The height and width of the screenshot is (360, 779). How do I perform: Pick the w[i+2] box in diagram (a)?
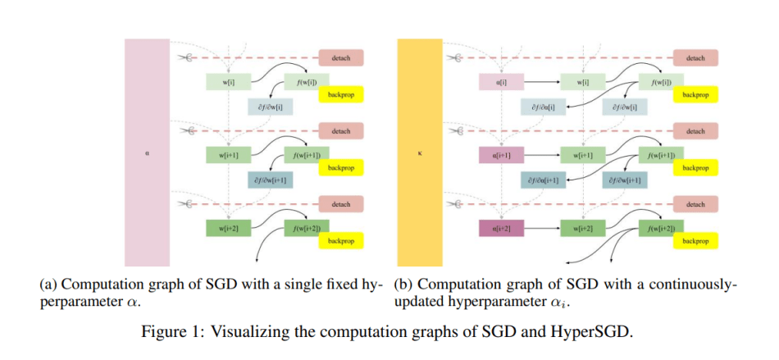coord(224,227)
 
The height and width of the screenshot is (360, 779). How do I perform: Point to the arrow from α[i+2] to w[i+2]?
coord(540,227)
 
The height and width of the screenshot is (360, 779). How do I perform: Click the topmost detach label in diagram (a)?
coord(340,58)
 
